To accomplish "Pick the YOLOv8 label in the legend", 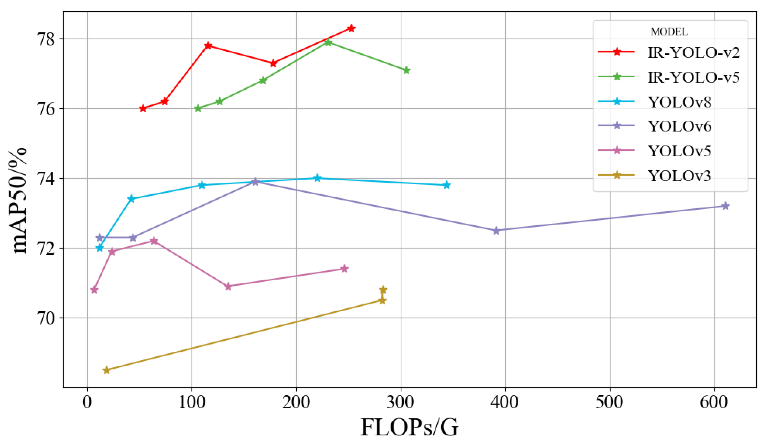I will click(x=679, y=102).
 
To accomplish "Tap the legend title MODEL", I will click(x=669, y=32).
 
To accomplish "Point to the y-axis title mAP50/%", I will click(x=19, y=200).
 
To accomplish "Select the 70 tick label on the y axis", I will click(x=45, y=318).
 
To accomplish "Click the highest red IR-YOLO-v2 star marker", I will click(x=351, y=28).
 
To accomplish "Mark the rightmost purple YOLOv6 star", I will click(x=725, y=206).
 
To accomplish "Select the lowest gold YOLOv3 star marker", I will click(x=106, y=370).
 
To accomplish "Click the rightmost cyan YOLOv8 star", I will click(x=447, y=185).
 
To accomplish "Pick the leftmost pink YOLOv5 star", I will click(x=94, y=290).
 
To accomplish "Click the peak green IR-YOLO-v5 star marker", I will click(x=328, y=42).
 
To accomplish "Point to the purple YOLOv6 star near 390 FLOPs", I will click(x=496, y=231).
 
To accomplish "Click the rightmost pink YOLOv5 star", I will click(x=344, y=269).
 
